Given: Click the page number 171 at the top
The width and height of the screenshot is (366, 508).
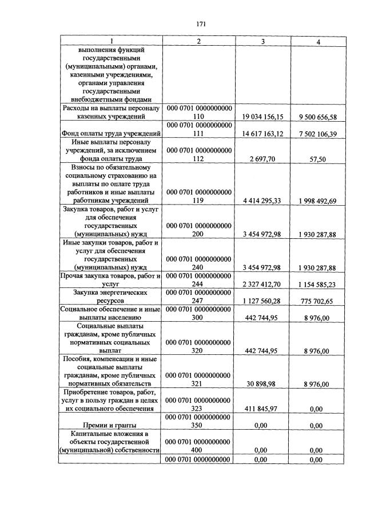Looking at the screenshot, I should (x=201, y=24).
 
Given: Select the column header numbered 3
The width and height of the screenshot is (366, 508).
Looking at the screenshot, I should (x=262, y=41).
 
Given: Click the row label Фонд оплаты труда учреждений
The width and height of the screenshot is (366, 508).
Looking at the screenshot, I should (x=110, y=134).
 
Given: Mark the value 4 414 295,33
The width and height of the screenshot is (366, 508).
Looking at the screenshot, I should (x=264, y=201).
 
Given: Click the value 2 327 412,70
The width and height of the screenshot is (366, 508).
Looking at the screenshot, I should (x=264, y=285).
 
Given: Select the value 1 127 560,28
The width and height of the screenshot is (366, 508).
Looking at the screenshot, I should (x=264, y=301).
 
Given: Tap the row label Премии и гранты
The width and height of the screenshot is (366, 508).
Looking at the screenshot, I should (x=110, y=426).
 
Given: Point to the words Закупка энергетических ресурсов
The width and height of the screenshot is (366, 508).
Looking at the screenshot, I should (x=110, y=297).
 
